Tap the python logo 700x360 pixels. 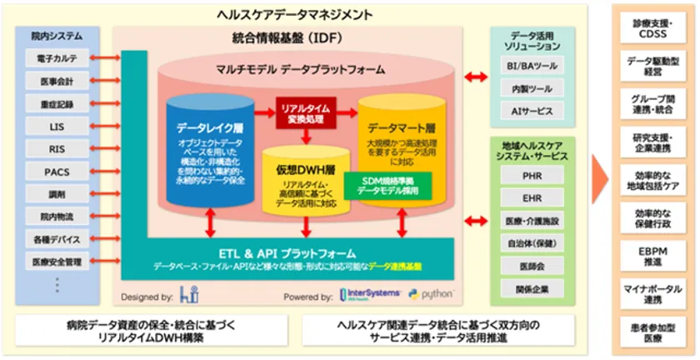(x=432, y=295)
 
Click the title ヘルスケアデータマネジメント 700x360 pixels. (x=294, y=13)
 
